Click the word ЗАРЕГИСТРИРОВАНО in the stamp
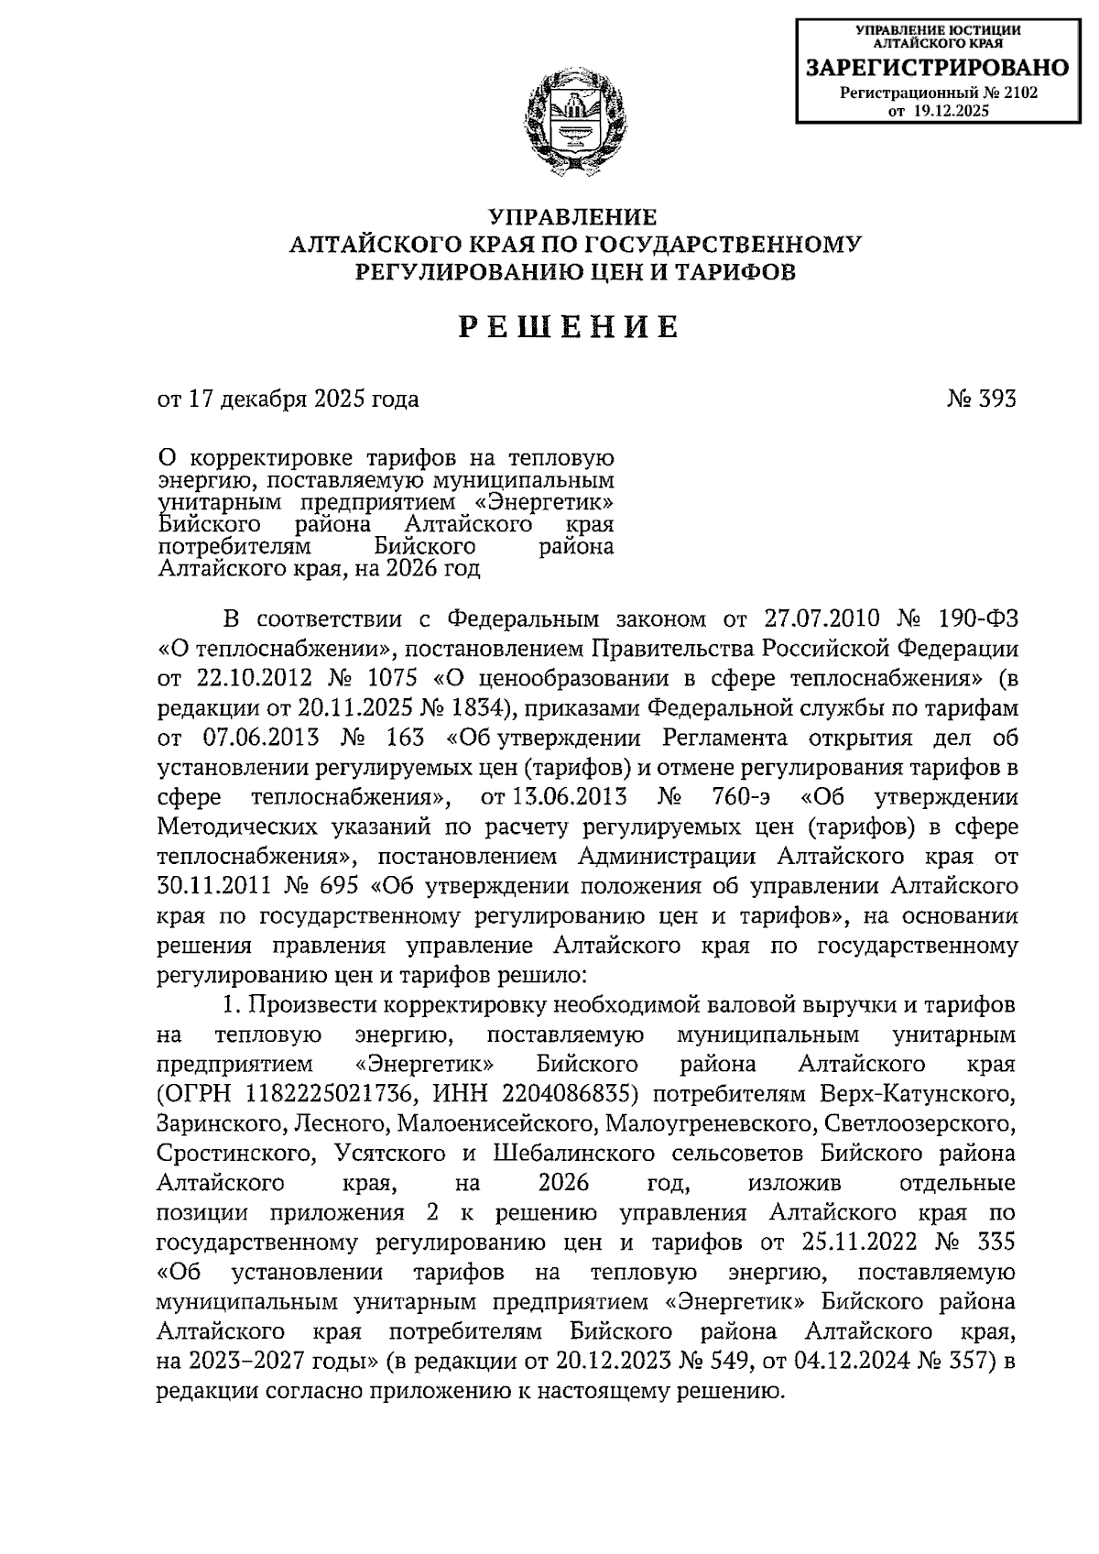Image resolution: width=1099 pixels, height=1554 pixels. click(937, 68)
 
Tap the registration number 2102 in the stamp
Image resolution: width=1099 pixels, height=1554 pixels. click(1020, 93)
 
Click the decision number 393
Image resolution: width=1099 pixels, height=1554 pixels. click(998, 399)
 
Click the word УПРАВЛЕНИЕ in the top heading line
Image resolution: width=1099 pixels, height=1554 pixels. click(573, 218)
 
